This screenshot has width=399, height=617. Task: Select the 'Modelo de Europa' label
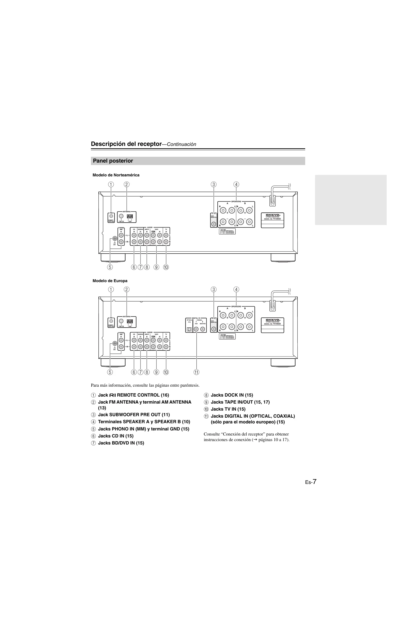pyautogui.click(x=110, y=281)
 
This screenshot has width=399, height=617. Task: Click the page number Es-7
pyautogui.click(x=310, y=482)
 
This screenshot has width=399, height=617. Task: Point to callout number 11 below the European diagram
pyautogui.click(x=196, y=372)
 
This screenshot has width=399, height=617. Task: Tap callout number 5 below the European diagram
pyautogui.click(x=110, y=372)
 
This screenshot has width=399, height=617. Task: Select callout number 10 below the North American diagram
pyautogui.click(x=166, y=267)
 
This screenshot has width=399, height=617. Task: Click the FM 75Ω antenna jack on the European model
pyautogui.click(x=121, y=321)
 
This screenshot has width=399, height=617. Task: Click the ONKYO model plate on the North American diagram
pyautogui.click(x=272, y=220)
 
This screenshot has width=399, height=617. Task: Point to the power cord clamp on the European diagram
pyautogui.click(x=272, y=306)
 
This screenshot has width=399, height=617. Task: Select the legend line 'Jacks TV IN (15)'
pyautogui.click(x=228, y=409)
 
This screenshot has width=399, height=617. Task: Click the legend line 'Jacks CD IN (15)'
pyautogui.click(x=116, y=436)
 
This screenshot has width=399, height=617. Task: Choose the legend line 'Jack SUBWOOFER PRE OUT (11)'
pyautogui.click(x=134, y=415)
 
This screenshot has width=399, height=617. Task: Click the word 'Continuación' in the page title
pyautogui.click(x=181, y=144)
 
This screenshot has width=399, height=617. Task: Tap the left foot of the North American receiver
pyautogui.click(x=113, y=258)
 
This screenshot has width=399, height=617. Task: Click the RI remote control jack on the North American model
pyautogui.click(x=111, y=216)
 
